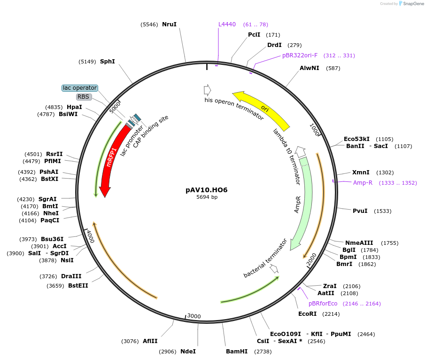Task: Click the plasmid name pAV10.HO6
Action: point(207,190)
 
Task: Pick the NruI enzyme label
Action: point(169,24)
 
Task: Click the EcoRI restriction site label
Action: point(308,313)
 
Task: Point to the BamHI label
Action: point(236,352)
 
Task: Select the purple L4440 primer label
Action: point(227,24)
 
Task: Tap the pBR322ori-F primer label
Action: point(300,55)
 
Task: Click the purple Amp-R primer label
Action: point(363,183)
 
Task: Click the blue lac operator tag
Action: point(80,88)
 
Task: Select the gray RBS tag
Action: point(84,97)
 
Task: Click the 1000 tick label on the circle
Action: point(314,129)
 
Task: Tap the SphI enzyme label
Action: point(108,61)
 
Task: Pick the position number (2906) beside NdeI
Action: point(168,352)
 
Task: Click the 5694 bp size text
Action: point(207,197)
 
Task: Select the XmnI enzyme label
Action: point(361,172)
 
